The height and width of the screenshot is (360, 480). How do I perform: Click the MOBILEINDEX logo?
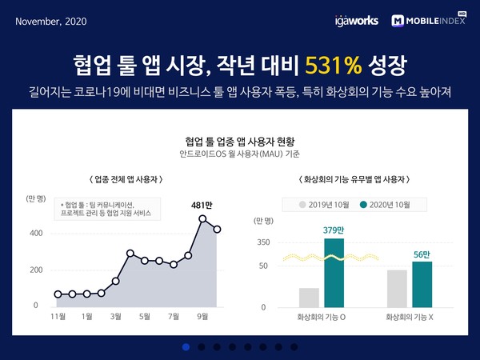point(429,19)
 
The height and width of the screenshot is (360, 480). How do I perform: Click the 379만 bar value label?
point(334,231)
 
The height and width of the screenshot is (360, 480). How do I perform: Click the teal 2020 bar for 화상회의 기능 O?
point(334,273)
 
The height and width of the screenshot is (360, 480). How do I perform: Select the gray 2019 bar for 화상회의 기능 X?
point(397,289)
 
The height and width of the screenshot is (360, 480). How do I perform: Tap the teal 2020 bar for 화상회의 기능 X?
point(422,284)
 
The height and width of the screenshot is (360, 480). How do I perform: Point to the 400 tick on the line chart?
point(36,234)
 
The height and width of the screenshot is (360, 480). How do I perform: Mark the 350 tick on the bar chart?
point(263,242)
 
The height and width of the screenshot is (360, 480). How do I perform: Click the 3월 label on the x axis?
point(116,316)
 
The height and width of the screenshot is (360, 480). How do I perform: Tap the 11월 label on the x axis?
point(58,316)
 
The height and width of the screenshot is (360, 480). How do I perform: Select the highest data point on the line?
point(203,218)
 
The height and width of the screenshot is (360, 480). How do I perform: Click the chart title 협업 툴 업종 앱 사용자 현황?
point(239,138)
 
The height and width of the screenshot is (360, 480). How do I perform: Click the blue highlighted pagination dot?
point(186,346)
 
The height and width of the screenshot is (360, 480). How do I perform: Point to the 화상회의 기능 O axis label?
point(322,318)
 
